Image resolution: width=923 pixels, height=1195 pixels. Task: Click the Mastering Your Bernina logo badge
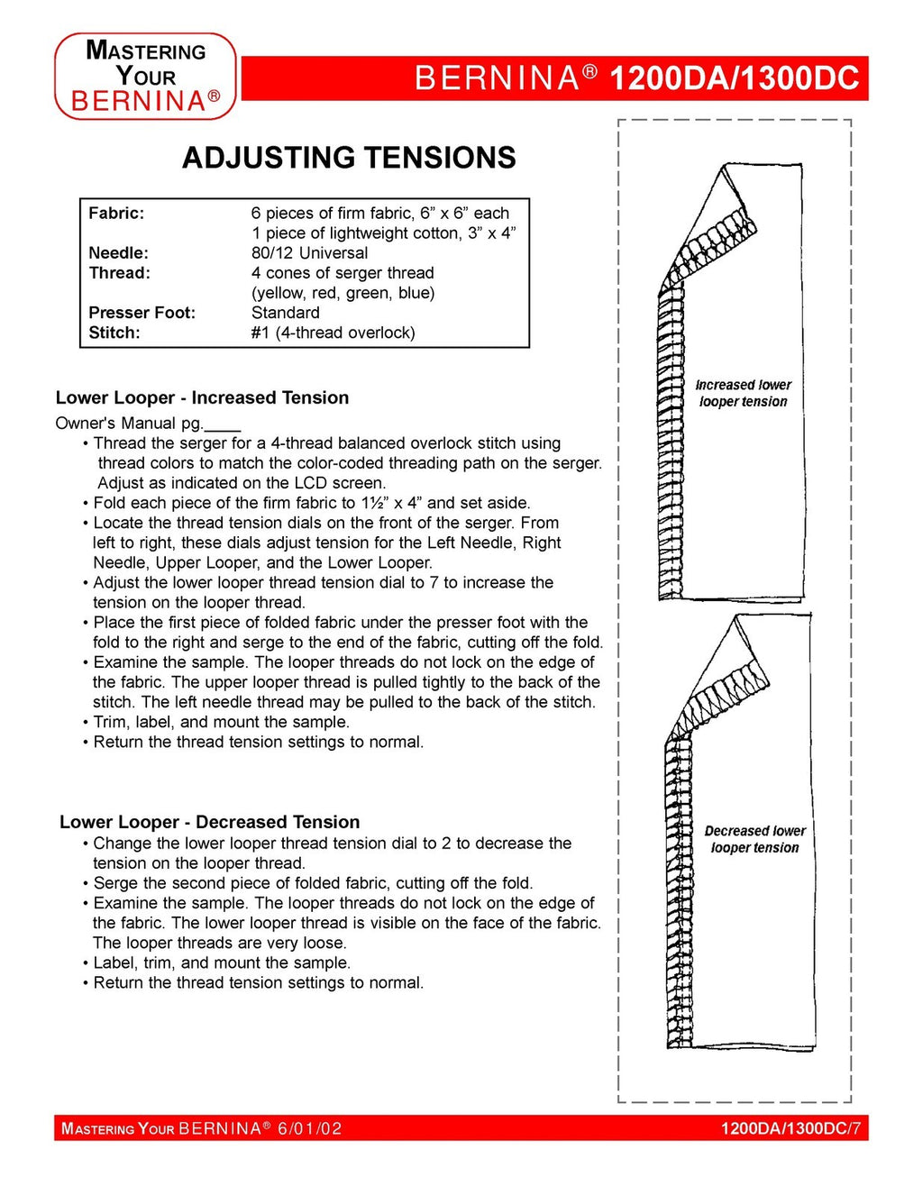[145, 77]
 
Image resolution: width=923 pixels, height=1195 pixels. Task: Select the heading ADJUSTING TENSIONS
[349, 158]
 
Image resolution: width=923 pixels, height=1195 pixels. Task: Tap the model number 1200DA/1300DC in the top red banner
[734, 78]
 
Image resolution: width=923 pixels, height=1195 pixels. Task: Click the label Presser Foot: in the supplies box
[142, 313]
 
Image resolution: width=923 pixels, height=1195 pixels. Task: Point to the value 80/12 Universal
[309, 253]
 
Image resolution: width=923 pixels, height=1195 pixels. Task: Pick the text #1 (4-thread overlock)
[333, 333]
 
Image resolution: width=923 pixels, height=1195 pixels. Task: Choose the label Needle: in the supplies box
[118, 253]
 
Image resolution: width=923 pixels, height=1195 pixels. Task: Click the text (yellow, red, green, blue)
[343, 293]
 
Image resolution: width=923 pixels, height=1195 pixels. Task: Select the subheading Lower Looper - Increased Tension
[202, 397]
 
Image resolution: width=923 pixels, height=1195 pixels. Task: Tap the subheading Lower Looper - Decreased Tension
[209, 822]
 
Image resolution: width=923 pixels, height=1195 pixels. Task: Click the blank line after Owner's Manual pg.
[223, 424]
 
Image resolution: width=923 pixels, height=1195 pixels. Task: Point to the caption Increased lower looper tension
[743, 393]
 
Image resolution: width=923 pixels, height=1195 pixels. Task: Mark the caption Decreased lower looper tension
[754, 839]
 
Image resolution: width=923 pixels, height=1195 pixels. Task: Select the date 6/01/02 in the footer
[309, 1128]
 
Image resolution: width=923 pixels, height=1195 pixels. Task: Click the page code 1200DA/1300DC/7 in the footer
[790, 1128]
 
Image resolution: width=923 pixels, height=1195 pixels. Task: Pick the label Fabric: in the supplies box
[116, 214]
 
